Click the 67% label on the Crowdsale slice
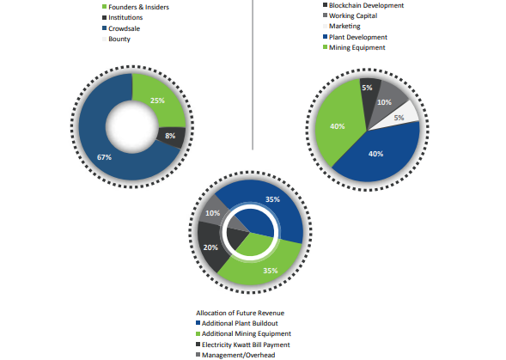tap(104, 157)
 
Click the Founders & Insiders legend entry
tap(135, 7)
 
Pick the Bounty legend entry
tap(116, 39)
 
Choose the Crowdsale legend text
tap(125, 28)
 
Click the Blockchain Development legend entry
tap(363, 5)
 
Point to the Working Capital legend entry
tap(350, 15)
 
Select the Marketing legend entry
tap(341, 26)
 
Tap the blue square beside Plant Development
tap(325, 37)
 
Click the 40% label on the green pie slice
tap(338, 126)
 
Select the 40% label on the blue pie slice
tap(376, 154)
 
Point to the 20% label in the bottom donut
tap(210, 247)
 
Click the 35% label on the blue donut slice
tap(272, 199)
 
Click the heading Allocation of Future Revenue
tap(240, 313)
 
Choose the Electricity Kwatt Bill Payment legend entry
tap(243, 345)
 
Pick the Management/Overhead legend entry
tap(235, 355)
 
